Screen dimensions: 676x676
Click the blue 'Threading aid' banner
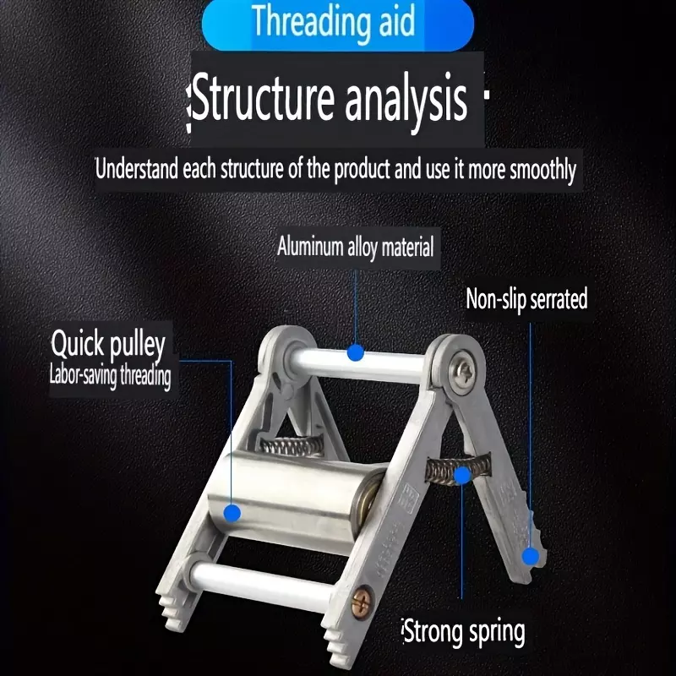[337, 23]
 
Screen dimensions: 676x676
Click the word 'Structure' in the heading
[263, 98]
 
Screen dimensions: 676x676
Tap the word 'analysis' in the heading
[406, 99]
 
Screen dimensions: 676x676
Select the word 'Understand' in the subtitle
[137, 168]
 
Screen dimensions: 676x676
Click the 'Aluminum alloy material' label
[356, 247]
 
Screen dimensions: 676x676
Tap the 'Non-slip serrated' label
[526, 299]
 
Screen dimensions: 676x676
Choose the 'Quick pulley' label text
[108, 345]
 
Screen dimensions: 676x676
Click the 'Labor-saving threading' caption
[111, 376]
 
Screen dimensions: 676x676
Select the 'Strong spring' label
[464, 632]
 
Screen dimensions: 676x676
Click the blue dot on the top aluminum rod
[356, 352]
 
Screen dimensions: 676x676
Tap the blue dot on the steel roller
[232, 513]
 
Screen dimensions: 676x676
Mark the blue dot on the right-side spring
[462, 475]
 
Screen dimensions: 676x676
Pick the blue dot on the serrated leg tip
[531, 556]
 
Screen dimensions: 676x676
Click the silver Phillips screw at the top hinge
[461, 369]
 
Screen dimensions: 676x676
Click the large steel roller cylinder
[293, 496]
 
